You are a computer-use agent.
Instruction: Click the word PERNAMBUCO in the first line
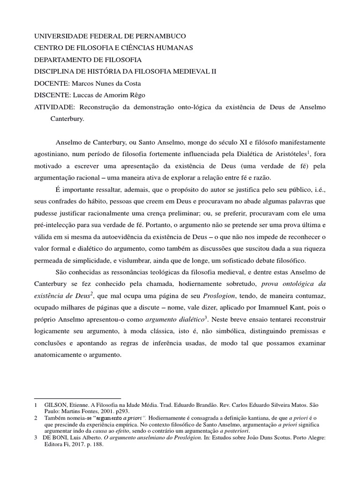point(159,36)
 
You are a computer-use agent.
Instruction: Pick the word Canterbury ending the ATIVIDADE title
point(67,119)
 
